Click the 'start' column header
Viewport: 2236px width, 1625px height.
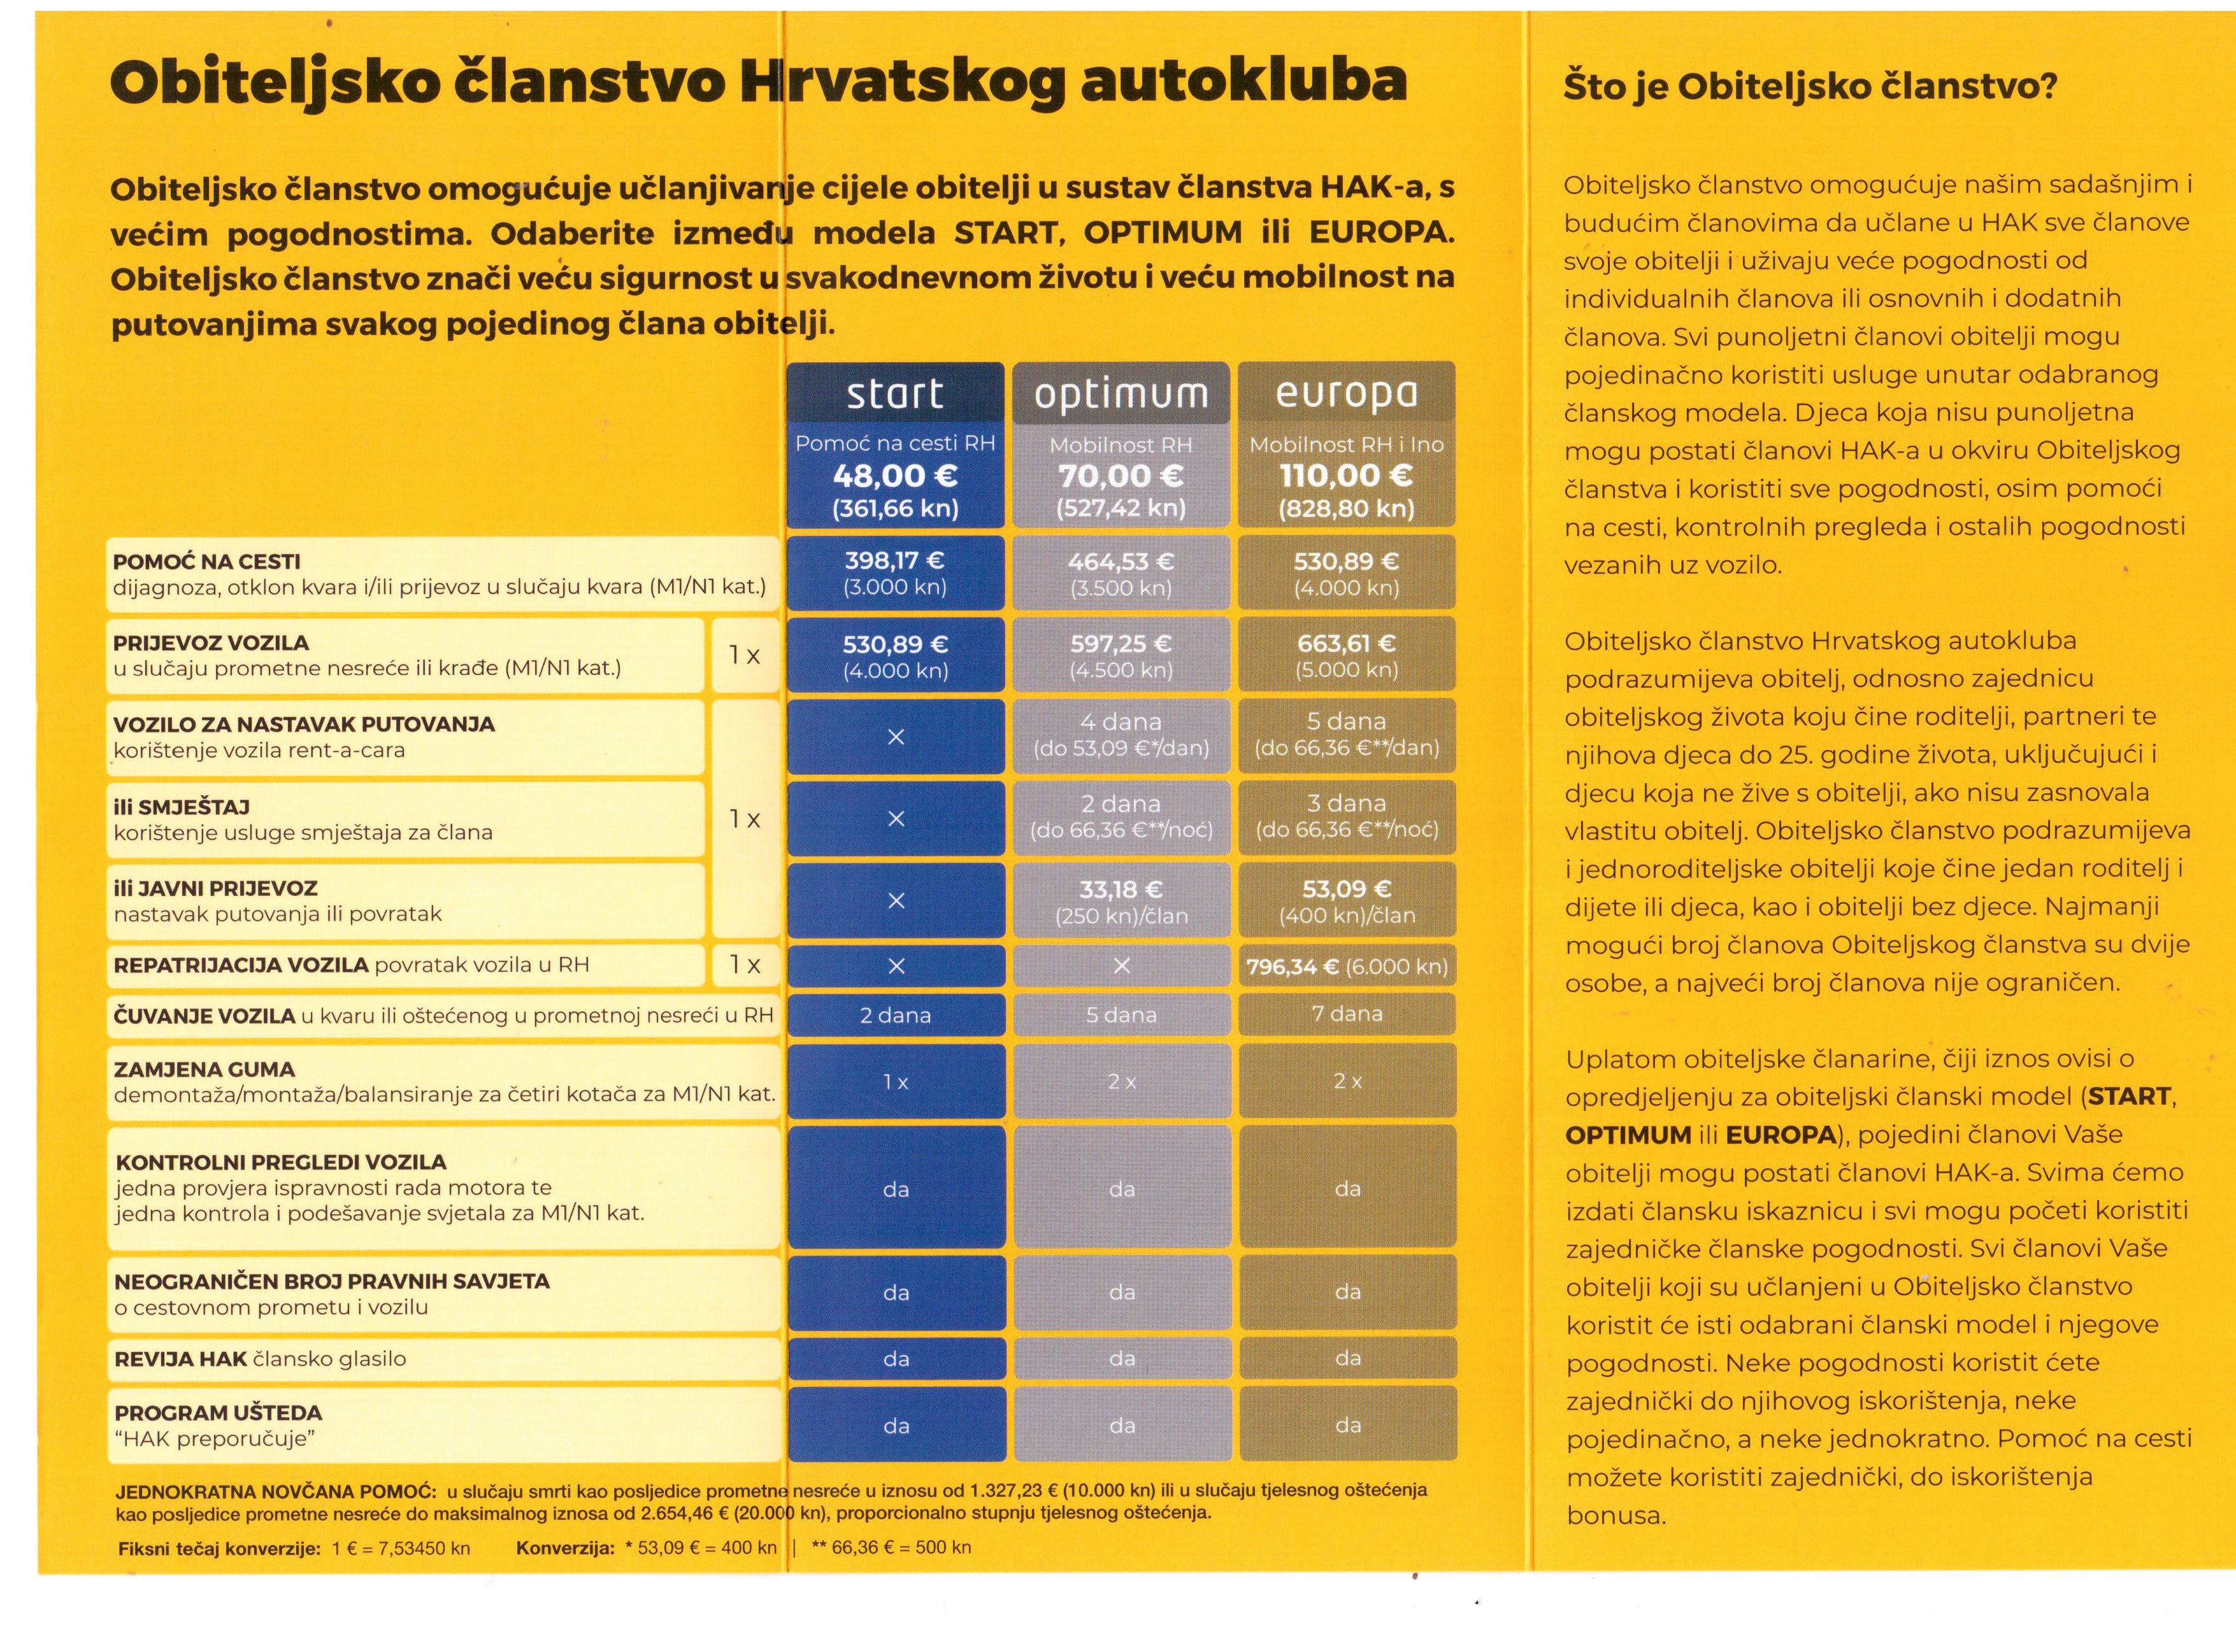894,394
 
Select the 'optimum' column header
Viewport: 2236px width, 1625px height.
1121,394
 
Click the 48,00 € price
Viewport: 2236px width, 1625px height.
894,476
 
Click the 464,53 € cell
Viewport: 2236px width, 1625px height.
1121,562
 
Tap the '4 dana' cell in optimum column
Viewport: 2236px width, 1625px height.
1121,722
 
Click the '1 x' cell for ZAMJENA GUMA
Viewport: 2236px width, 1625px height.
895,1082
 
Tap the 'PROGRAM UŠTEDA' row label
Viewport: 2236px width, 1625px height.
218,1413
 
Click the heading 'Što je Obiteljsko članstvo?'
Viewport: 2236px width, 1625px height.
1810,87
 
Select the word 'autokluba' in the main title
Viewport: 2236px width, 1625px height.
1243,81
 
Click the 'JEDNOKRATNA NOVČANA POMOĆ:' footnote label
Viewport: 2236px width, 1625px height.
276,1491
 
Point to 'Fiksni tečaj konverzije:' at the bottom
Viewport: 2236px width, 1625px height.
219,1548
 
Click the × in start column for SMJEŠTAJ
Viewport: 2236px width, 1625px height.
895,819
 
